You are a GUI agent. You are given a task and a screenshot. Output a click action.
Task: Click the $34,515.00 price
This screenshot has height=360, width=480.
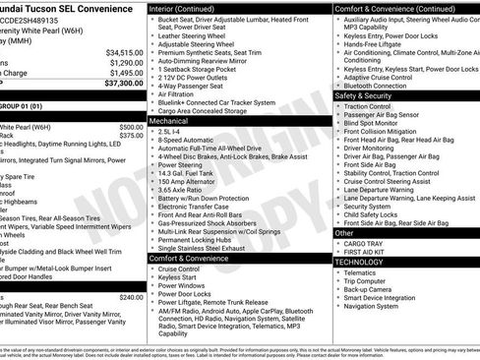125,52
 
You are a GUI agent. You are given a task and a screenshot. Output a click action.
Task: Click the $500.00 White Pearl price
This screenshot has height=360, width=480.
131,127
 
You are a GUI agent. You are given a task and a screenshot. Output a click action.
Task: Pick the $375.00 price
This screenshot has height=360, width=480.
131,137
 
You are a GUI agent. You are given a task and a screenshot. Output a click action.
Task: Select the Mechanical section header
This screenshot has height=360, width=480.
173,119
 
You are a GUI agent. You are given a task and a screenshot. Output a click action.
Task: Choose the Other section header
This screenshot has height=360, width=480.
343,233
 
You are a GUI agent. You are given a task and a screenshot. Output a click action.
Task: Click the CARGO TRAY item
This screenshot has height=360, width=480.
364,244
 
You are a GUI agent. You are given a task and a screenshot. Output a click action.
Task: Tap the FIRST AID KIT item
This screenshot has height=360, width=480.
366,253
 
